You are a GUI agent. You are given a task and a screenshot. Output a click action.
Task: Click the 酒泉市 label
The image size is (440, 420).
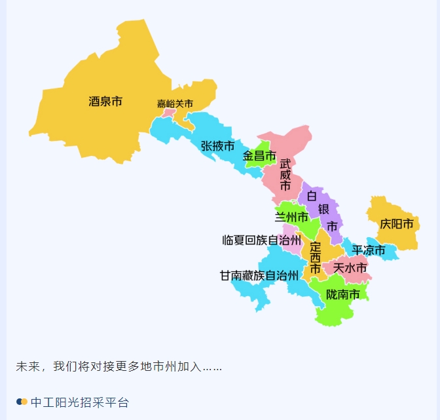tap(105, 102)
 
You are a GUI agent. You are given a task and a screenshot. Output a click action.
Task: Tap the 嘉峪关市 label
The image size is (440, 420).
tap(175, 104)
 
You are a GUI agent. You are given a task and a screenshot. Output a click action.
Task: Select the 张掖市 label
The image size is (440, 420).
tap(217, 146)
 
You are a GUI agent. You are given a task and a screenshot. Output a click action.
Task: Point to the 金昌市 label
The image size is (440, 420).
tap(259, 156)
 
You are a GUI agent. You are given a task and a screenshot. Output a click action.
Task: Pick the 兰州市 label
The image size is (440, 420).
tap(291, 217)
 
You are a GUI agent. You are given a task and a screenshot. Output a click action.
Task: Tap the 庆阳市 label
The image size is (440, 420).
tap(396, 225)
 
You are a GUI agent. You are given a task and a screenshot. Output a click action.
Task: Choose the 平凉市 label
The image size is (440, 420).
tap(369, 250)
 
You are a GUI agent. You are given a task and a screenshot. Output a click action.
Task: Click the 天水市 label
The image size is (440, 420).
tap(350, 267)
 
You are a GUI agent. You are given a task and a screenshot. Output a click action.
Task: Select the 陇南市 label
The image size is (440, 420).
tap(343, 295)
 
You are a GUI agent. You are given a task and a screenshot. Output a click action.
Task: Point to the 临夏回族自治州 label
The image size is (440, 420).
tap(261, 240)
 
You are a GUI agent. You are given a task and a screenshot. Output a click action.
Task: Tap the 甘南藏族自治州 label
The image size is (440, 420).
tap(259, 276)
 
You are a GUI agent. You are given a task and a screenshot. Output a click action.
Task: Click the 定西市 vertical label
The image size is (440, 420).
tap(315, 258)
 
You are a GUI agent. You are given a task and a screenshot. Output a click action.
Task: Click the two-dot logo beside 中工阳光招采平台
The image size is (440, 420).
tap(22, 402)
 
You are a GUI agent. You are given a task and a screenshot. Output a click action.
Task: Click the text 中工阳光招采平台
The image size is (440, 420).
tap(80, 402)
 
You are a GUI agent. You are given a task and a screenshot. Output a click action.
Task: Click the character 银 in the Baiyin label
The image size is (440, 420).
tap(323, 210)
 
